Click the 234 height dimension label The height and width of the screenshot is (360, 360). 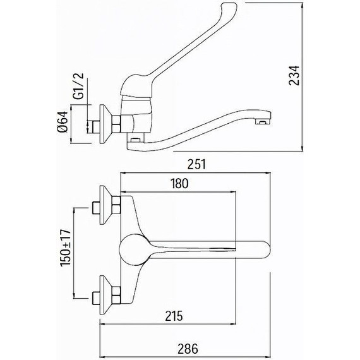[294, 75]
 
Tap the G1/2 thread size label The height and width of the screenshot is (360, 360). [78, 87]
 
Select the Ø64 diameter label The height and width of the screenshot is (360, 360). [63, 122]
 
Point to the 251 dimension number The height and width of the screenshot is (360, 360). [197, 164]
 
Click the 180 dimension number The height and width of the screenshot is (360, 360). [179, 183]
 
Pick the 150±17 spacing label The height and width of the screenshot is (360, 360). [66, 248]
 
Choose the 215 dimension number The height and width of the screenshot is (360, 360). [174, 316]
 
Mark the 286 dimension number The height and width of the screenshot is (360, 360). [188, 349]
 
